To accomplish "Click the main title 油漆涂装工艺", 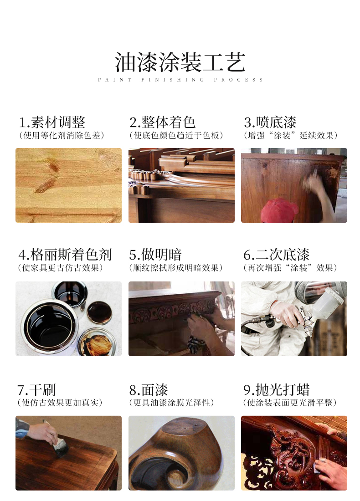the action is tap(180, 62).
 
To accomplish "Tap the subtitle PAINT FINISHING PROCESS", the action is tap(180, 80).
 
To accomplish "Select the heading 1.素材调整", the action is tap(52, 122).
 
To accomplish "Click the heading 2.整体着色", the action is tap(162, 122).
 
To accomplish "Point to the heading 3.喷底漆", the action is tap(270, 122).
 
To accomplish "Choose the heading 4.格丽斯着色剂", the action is tap(65, 255).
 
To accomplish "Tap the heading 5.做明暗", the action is tap(155, 255).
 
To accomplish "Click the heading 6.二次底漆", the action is tap(277, 255).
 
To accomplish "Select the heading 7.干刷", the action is tap(36, 390).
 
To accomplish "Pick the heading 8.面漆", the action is tap(149, 390).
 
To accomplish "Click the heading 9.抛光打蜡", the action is tap(277, 390).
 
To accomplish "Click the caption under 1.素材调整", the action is tap(62, 135).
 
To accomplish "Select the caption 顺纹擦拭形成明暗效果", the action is tap(176, 268).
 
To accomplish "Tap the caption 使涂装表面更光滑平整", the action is tap(290, 403).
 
